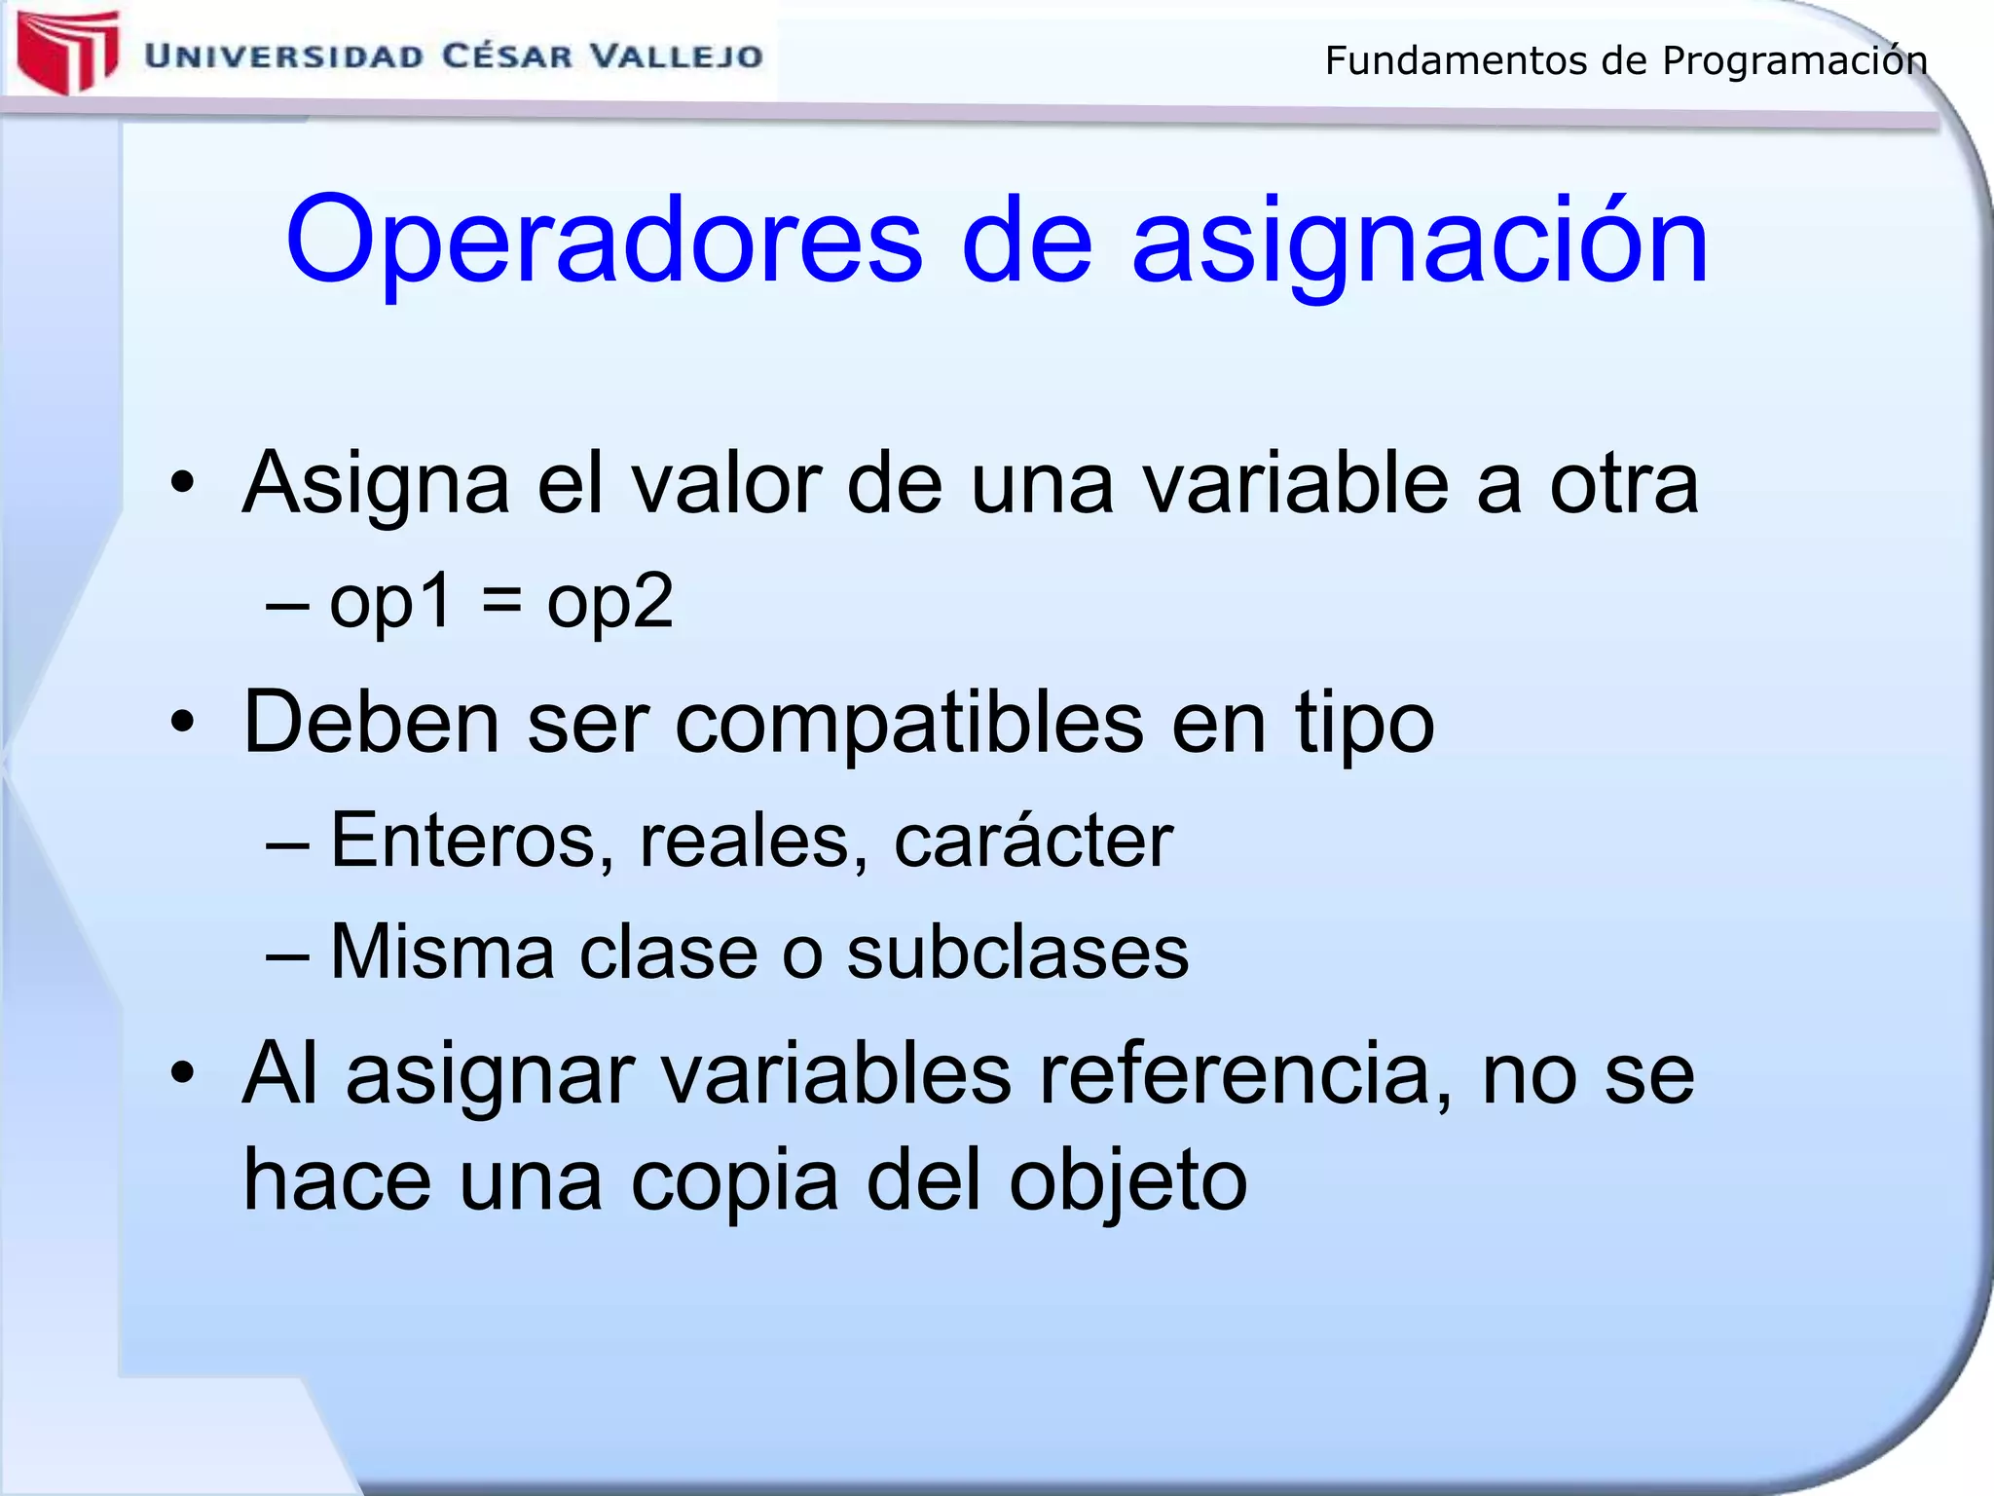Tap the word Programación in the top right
click(x=1794, y=61)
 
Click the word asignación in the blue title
click(x=1420, y=243)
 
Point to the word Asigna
click(x=376, y=484)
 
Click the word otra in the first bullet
click(x=1623, y=484)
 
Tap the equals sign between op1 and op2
click(x=500, y=602)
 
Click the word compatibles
click(x=908, y=724)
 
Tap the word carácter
click(x=1033, y=841)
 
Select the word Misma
click(x=442, y=952)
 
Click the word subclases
click(x=1017, y=952)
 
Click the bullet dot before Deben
click(x=182, y=724)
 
